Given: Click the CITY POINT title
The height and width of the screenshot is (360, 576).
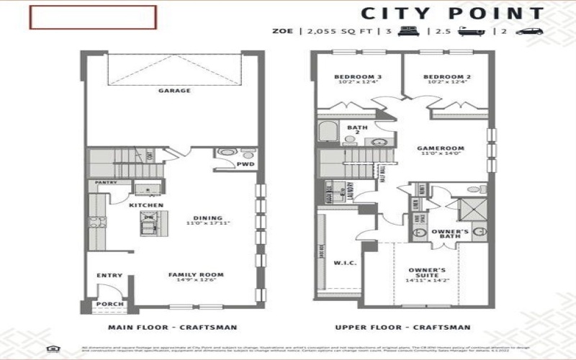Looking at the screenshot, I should pyautogui.click(x=452, y=13).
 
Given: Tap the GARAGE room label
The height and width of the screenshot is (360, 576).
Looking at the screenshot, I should pyautogui.click(x=174, y=91).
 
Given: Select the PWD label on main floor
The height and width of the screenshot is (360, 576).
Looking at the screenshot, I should pyautogui.click(x=244, y=163).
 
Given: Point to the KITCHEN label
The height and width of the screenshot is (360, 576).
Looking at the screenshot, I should pyautogui.click(x=146, y=205).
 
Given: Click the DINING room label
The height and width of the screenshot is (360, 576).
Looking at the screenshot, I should pyautogui.click(x=207, y=218).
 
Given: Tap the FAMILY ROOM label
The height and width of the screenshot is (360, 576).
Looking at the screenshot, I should pyautogui.click(x=195, y=274).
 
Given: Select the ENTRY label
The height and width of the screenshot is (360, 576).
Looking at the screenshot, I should pyautogui.click(x=109, y=275).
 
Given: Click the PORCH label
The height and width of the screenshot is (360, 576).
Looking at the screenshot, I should pyautogui.click(x=109, y=304).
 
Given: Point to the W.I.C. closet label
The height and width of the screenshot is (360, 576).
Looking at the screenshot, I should pyautogui.click(x=340, y=263).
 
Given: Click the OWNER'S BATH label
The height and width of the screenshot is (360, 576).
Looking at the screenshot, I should pyautogui.click(x=451, y=232).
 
